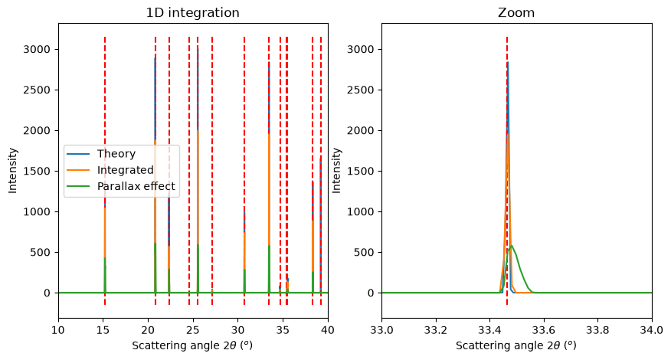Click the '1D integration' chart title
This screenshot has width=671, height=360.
[x=192, y=13]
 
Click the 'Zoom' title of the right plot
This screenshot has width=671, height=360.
[x=516, y=13]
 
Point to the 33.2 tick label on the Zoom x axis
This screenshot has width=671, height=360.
[x=436, y=330]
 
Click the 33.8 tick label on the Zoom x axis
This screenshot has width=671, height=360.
[x=597, y=330]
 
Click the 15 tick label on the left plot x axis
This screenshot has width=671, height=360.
[x=103, y=330]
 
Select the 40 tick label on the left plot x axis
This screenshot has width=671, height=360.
[x=328, y=330]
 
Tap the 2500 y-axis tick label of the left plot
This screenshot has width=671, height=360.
[x=36, y=90]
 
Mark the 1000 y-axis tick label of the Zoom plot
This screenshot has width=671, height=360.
[x=360, y=211]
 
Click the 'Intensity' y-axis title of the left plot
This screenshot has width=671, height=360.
[x=13, y=171]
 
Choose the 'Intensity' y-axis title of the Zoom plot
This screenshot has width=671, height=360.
[x=336, y=171]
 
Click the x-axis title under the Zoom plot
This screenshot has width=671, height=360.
[x=516, y=345]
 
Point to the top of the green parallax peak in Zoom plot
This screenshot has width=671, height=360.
[x=512, y=246]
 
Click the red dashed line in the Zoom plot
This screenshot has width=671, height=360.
[x=507, y=171]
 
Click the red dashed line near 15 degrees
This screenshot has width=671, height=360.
[x=105, y=171]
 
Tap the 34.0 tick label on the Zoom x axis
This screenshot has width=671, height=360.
[x=652, y=330]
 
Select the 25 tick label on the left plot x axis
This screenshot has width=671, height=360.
[x=193, y=330]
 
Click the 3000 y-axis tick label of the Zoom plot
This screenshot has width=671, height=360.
[x=360, y=49]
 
